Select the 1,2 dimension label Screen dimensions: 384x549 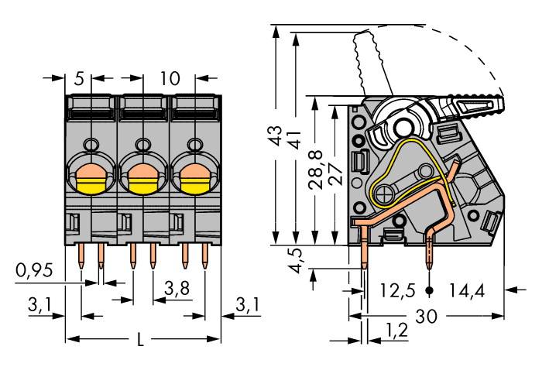coord(396,332)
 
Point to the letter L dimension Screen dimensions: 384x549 coord(140,340)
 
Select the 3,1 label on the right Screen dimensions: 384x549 coord(245,307)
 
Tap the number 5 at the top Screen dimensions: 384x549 coord(79,78)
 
